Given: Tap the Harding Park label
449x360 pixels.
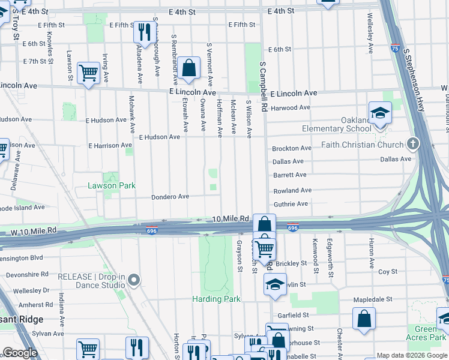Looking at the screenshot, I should click(x=216, y=299).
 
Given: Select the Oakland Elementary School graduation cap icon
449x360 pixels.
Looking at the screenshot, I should click(x=379, y=113).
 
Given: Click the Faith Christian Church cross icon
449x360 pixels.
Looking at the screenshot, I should click(x=412, y=144).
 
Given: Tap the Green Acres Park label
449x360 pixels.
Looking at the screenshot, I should click(x=426, y=333).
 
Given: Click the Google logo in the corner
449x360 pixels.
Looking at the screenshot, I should click(x=19, y=353).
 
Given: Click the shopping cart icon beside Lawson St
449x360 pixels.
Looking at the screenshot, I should click(x=88, y=73).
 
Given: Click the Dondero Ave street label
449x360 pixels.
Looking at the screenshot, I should click(x=170, y=197).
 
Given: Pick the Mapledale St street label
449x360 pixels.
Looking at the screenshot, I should click(x=372, y=299).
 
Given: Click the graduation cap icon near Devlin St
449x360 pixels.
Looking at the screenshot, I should click(x=275, y=284).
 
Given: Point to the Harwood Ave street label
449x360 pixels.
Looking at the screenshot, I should click(x=291, y=108).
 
